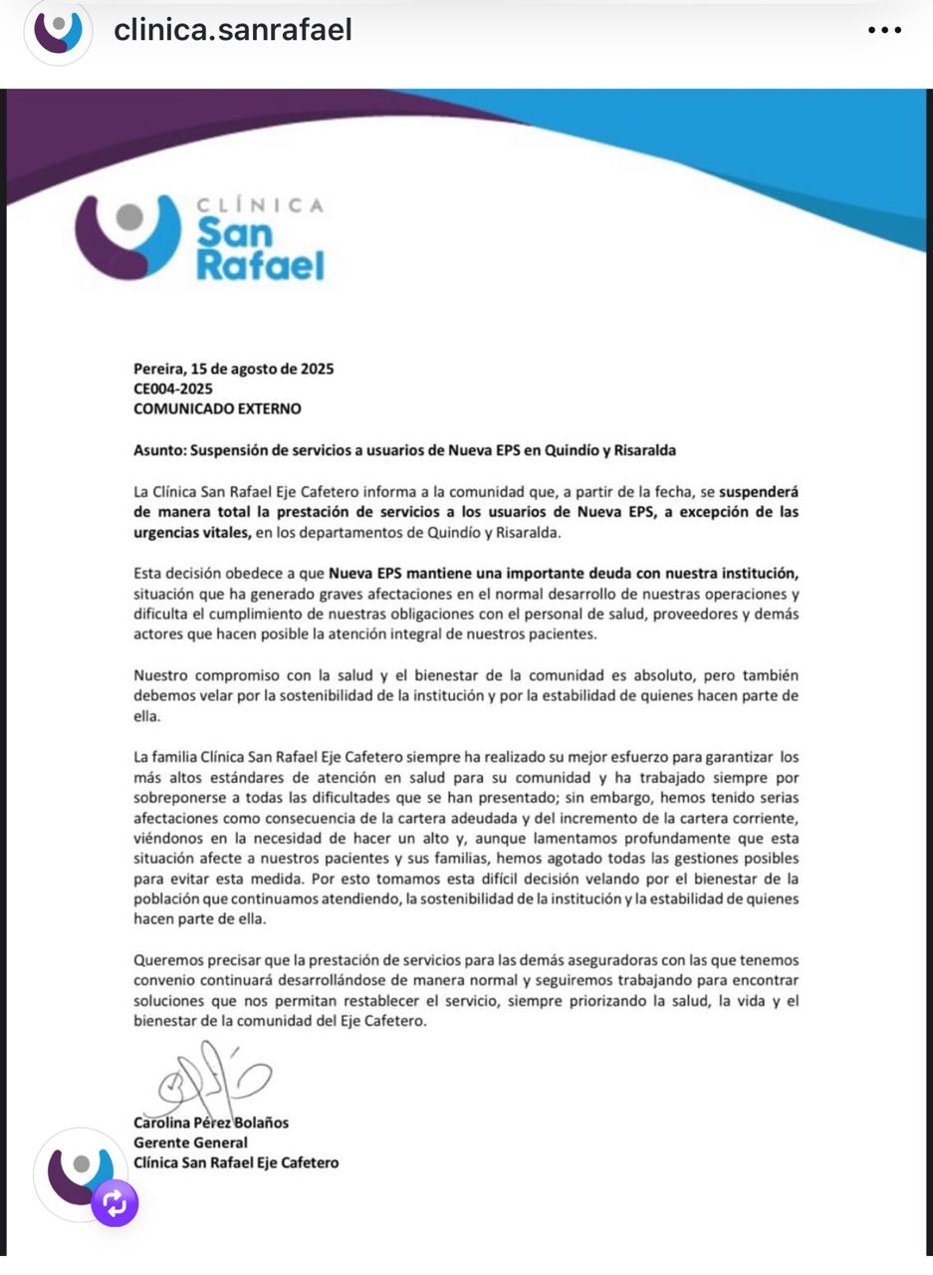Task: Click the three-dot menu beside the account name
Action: pos(884,31)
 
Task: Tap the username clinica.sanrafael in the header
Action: pos(233,31)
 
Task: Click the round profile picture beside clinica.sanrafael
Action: pos(59,32)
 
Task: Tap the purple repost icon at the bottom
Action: pos(115,1203)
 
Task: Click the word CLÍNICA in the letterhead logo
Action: pos(260,205)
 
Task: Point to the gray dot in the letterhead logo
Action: pos(129,216)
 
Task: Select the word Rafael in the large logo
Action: pos(260,266)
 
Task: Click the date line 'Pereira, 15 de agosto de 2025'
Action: pos(234,369)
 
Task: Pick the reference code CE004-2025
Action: pos(172,388)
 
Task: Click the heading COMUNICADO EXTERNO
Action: pos(217,408)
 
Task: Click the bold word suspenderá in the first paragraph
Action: pos(759,491)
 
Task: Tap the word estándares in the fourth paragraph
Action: pos(212,776)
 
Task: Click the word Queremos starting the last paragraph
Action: pos(166,960)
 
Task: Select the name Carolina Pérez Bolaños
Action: pos(211,1123)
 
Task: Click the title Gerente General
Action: pos(190,1143)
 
